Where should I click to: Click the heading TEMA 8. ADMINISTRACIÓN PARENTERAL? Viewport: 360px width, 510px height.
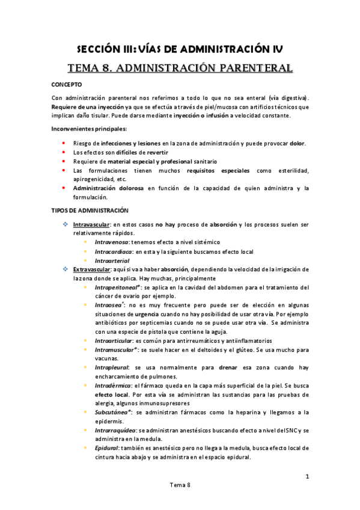pos(180,68)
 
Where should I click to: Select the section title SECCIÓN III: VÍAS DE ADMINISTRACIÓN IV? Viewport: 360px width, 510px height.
pos(180,49)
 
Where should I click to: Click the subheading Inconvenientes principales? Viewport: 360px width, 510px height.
pos(88,129)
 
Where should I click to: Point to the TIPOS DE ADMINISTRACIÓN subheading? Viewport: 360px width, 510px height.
pos(90,210)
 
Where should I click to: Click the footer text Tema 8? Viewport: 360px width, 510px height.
pos(180,484)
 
